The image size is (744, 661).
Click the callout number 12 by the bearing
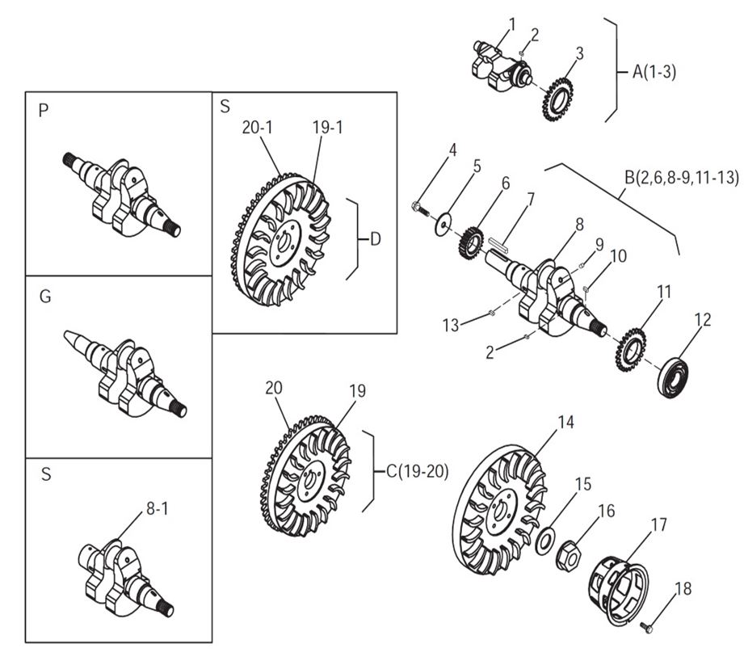click(x=703, y=319)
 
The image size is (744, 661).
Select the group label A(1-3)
click(x=654, y=71)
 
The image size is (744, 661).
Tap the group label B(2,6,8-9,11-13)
click(x=680, y=177)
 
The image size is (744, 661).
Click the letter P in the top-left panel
click(x=44, y=112)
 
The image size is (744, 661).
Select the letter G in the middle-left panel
click(x=44, y=297)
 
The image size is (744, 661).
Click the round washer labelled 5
click(x=442, y=224)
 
